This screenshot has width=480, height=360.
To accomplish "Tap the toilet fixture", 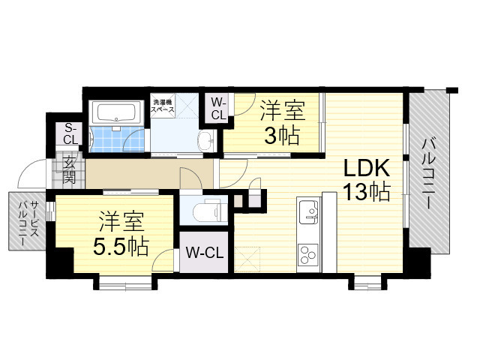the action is (x=207, y=211).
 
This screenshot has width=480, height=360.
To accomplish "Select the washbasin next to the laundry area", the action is (x=206, y=140).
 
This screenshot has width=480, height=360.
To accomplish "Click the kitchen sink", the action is (x=309, y=212).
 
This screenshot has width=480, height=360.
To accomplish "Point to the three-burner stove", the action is (x=308, y=254).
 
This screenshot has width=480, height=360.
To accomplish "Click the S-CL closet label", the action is (x=70, y=134).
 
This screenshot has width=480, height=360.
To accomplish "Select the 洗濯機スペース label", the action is (x=163, y=106).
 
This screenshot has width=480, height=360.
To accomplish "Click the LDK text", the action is (x=367, y=168).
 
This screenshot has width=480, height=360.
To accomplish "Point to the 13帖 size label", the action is (x=366, y=192).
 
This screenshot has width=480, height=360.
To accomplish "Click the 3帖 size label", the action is (x=282, y=136).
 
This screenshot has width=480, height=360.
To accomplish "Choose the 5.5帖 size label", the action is (x=121, y=247).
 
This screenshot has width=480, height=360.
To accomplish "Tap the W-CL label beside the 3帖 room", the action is (x=218, y=108).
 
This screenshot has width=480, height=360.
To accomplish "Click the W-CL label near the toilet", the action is (x=205, y=253).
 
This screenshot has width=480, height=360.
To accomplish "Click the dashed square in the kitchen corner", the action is (x=247, y=259).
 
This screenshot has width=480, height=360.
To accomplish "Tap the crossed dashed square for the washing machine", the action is (x=187, y=105).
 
